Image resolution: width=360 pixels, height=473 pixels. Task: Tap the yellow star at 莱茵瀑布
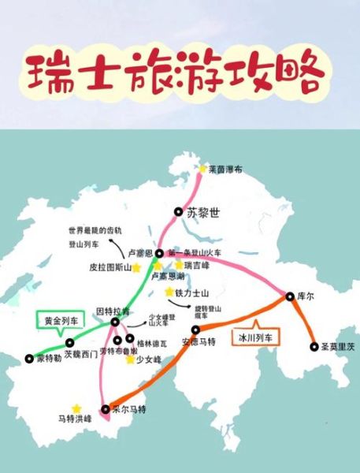coord(202,169)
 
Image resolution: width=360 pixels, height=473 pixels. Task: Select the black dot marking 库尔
coord(289,296)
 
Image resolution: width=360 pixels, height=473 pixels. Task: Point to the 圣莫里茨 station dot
coord(314,346)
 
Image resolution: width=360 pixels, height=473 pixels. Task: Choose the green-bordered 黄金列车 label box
coord(61,322)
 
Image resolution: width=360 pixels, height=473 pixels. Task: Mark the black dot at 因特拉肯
coord(115,322)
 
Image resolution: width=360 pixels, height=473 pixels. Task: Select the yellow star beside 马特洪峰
coord(76,408)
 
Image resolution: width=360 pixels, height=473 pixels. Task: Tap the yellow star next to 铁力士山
coord(169,292)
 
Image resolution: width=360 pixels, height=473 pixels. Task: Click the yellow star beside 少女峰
coord(130,359)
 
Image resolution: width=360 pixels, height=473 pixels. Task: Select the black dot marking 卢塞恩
coord(159,253)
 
